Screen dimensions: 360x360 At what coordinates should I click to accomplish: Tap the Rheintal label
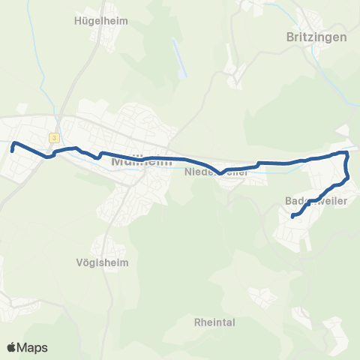pos(214,322)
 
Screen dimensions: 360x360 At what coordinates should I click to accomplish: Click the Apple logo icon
pos(12,347)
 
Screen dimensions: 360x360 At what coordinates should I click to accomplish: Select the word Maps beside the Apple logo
pos(33,348)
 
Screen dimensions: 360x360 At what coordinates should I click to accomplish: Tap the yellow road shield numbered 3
pos(55,137)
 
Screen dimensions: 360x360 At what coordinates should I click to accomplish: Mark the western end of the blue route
pos(12,151)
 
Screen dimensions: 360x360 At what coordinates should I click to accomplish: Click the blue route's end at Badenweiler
pos(292,216)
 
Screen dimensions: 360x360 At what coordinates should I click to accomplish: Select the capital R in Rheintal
pos(197,322)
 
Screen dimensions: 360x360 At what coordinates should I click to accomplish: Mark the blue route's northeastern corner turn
pos(346,153)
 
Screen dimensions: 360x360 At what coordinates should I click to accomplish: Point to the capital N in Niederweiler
pos(187,172)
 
